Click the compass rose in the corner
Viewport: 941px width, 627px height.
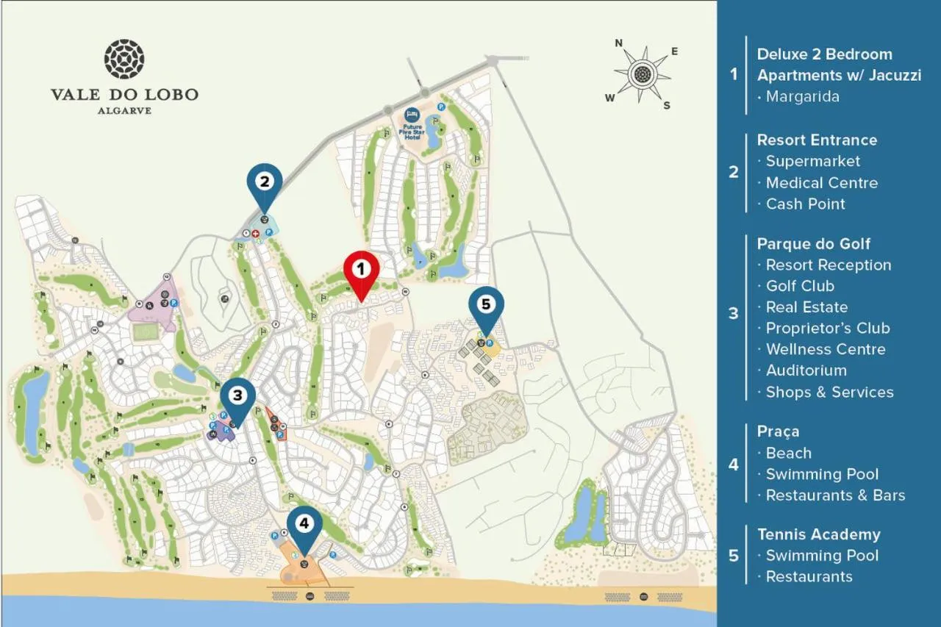click(643, 74)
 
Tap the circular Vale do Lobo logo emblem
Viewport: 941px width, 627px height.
click(124, 60)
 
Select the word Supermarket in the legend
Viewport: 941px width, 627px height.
click(812, 161)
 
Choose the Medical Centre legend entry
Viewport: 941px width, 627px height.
click(821, 182)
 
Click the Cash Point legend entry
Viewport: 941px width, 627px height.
click(805, 204)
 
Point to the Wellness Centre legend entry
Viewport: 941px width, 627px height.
click(825, 349)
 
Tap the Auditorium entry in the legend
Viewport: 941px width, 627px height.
click(806, 370)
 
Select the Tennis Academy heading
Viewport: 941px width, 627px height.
click(818, 534)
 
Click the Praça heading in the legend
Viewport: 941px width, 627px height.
click(778, 431)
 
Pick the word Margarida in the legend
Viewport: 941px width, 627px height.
click(802, 96)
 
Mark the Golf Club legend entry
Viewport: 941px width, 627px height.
click(800, 286)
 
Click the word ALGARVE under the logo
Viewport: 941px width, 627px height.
click(124, 110)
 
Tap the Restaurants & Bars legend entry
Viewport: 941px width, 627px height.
click(835, 495)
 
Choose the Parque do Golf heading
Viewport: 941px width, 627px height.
click(814, 244)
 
